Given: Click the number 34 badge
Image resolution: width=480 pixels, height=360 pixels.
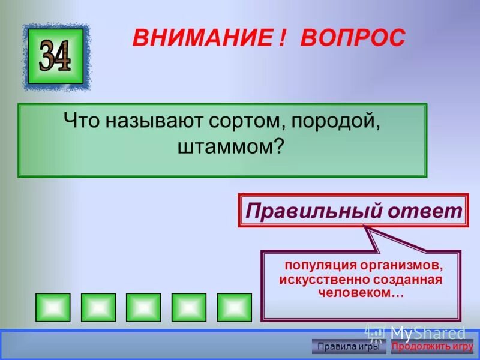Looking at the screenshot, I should coord(56,56).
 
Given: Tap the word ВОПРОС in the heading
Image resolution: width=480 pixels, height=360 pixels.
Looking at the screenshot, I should coord(353,38).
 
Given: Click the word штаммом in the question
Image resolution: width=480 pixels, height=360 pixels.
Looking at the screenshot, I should coord(230,146).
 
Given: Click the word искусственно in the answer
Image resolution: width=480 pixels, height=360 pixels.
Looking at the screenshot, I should coord(324,280).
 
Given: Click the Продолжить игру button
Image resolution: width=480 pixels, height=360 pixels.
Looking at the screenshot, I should coord(432,346).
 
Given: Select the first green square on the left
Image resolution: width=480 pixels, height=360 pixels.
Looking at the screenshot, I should coord(53,307).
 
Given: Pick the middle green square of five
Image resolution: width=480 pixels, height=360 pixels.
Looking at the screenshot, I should coord(143,307).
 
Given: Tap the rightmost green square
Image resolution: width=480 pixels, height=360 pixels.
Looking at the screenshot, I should coord(234,307).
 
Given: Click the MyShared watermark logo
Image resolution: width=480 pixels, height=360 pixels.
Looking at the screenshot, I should coord(417,334).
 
